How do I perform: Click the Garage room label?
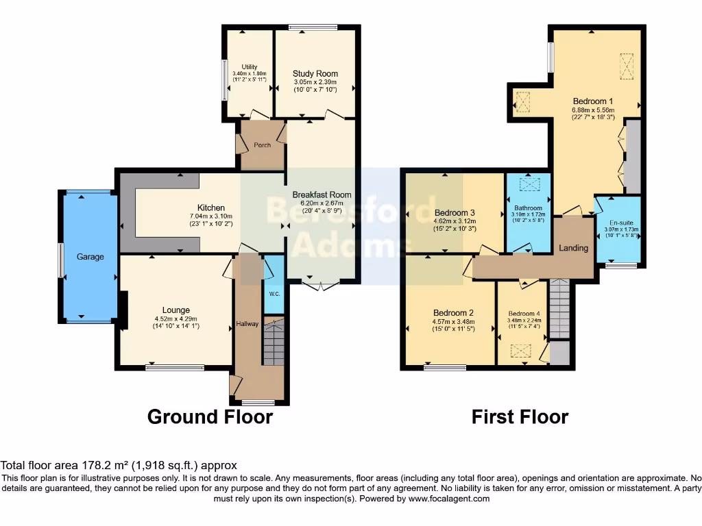tap(90, 257)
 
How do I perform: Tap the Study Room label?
tap(315, 73)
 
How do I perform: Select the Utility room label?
tap(249, 66)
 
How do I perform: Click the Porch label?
tap(262, 145)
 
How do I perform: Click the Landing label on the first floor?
tap(573, 248)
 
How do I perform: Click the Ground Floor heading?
tap(210, 416)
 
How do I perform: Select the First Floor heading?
tap(520, 416)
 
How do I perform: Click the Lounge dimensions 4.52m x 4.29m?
tap(176, 318)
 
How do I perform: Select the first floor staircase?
tap(559, 309)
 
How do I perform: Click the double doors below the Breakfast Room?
tap(321, 286)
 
